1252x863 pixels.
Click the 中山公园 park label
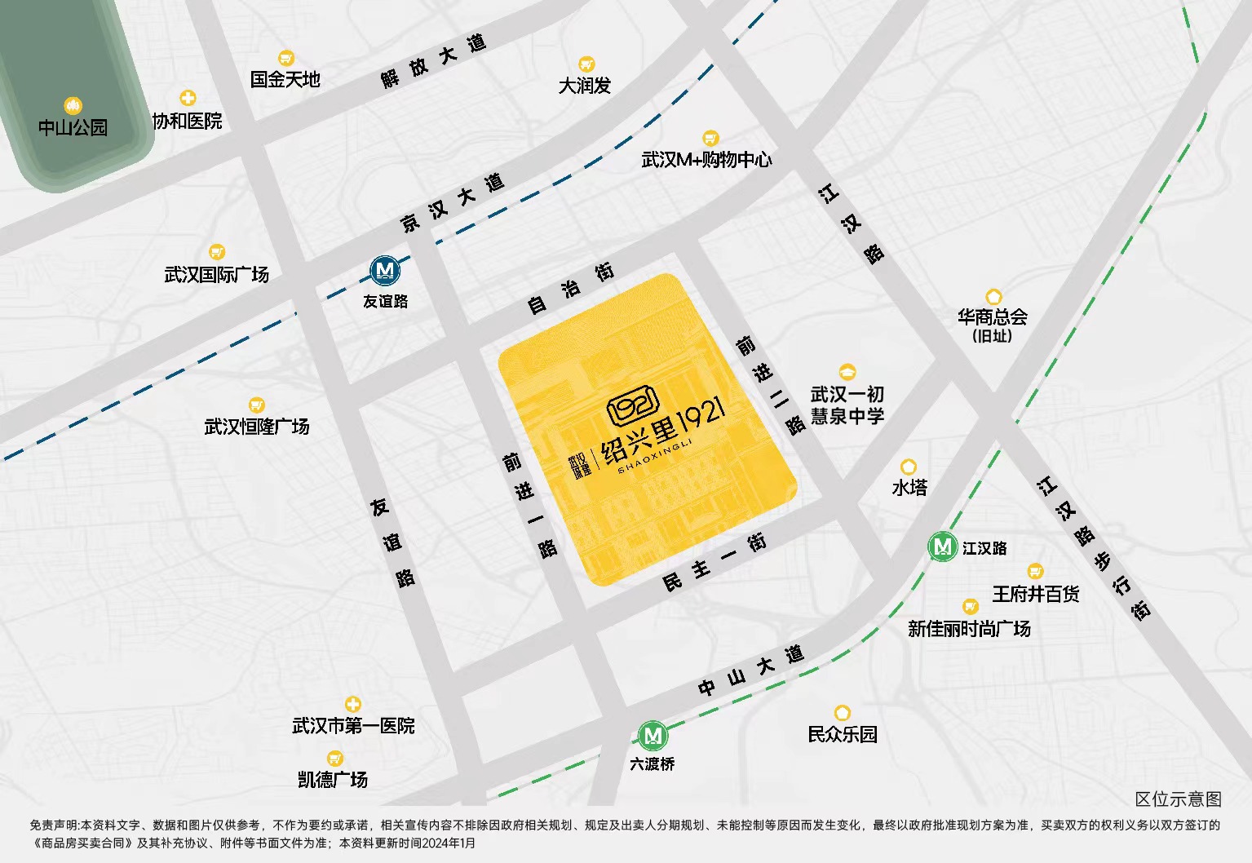[73, 127]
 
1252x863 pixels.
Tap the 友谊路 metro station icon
[385, 271]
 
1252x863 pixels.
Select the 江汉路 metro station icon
[943, 547]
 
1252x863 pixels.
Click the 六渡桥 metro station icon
[653, 737]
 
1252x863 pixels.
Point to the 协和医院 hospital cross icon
[188, 99]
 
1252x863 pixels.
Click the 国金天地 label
[285, 79]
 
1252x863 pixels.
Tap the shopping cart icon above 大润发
[586, 64]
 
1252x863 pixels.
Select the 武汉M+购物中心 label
[706, 160]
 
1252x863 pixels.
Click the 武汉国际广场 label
[216, 274]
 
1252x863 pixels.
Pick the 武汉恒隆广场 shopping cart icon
[256, 405]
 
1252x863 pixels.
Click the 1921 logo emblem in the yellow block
[632, 405]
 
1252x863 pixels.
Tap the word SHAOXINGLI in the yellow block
[654, 457]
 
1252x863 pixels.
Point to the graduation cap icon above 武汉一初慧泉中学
[847, 372]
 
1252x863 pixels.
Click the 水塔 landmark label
[909, 488]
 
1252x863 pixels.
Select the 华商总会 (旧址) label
[992, 325]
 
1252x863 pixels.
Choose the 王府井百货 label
[1035, 594]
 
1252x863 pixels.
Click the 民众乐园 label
[842, 734]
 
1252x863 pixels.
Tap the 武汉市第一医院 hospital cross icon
[352, 704]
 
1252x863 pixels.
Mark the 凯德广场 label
[333, 780]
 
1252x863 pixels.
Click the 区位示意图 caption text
[1178, 799]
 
